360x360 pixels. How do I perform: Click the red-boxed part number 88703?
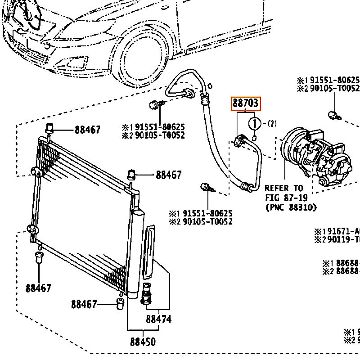pyautogui.click(x=246, y=104)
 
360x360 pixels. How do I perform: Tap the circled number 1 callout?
pyautogui.click(x=255, y=123)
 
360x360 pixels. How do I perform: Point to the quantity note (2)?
pyautogui.click(x=272, y=123)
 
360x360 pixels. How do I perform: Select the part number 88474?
pyautogui.click(x=158, y=320)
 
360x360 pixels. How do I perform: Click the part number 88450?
pyautogui.click(x=143, y=342)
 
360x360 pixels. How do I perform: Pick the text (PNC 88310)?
pyautogui.click(x=291, y=207)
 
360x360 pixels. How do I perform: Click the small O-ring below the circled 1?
pyautogui.click(x=254, y=137)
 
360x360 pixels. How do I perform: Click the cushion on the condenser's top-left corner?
pyautogui.click(x=50, y=129)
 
